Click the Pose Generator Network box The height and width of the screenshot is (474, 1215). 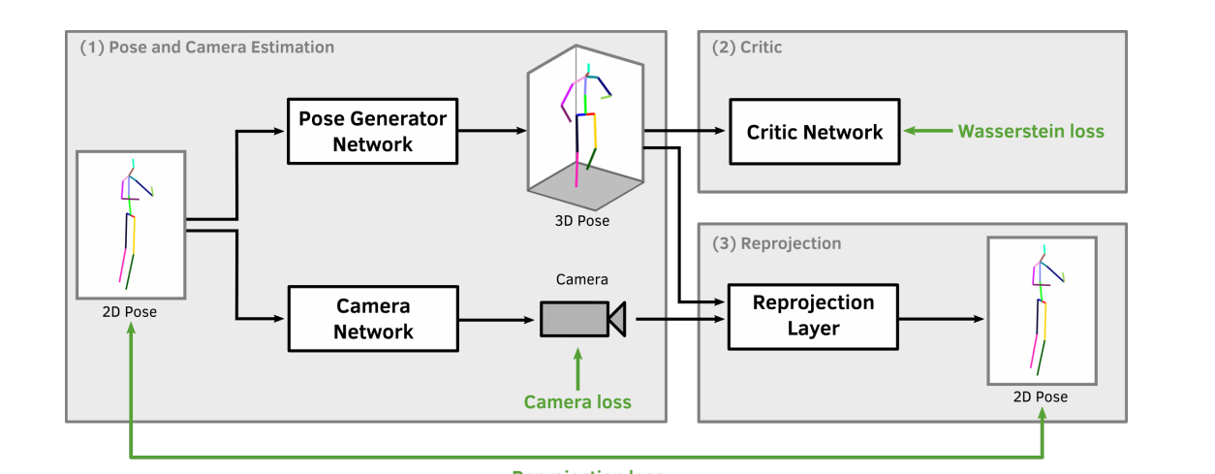click(373, 131)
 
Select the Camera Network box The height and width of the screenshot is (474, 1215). click(373, 318)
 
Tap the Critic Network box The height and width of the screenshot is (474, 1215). click(814, 132)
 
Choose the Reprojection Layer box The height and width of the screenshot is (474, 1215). click(814, 316)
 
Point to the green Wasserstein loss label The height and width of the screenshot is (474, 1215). click(1031, 132)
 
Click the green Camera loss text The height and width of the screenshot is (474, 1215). click(577, 401)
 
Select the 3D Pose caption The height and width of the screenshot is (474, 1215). click(581, 221)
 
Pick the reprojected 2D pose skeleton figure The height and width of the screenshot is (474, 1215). click(1042, 309)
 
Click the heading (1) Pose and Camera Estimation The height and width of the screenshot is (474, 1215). click(207, 47)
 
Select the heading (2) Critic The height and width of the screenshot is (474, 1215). click(747, 47)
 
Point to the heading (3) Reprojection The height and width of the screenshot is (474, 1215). click(777, 243)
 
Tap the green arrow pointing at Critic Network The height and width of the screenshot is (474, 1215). click(925, 132)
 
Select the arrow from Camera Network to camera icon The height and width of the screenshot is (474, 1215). click(498, 318)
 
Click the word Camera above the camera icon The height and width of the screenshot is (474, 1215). click(582, 280)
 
